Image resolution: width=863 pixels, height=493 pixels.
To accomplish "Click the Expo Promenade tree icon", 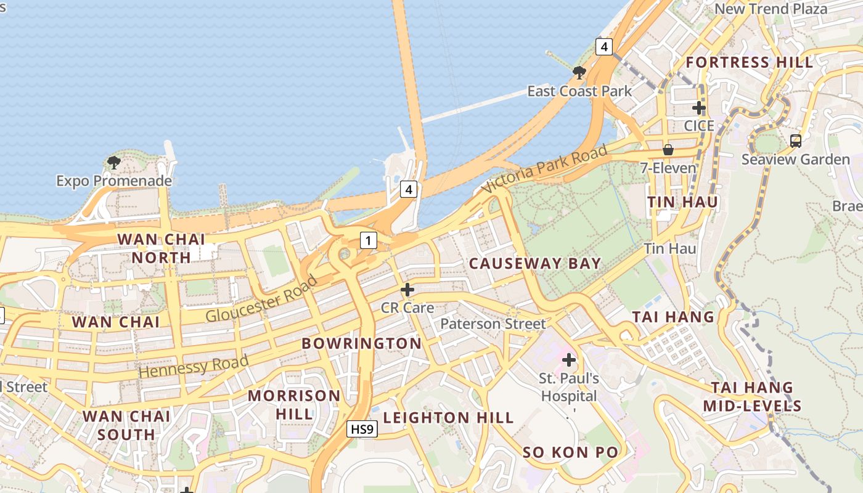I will pos(113,163).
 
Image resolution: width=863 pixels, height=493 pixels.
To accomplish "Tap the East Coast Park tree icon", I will pos(579,73).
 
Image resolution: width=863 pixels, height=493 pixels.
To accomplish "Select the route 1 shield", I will pos(368,240).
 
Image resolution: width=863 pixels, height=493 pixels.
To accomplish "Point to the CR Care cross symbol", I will pos(407,289).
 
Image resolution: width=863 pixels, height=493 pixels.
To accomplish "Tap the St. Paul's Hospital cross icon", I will pos(568,360).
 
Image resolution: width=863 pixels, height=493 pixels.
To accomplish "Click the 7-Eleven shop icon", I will pos(668,150).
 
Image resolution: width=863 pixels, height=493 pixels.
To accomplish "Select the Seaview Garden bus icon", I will pos(795,141).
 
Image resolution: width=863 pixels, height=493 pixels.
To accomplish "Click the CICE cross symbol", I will pos(698,108).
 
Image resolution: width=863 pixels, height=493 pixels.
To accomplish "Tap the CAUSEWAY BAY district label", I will pos(534,264).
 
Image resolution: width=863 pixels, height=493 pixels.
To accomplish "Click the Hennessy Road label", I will pos(194,366).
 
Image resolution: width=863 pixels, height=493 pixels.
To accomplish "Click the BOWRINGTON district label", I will pos(361,343).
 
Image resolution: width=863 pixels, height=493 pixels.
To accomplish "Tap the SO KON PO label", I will pos(570,452).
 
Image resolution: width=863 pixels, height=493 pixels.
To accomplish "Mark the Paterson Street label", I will pos(493,324).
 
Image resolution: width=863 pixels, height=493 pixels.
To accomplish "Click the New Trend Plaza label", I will pos(771,9).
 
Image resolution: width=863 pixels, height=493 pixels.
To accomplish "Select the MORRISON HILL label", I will pos(294,404).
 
